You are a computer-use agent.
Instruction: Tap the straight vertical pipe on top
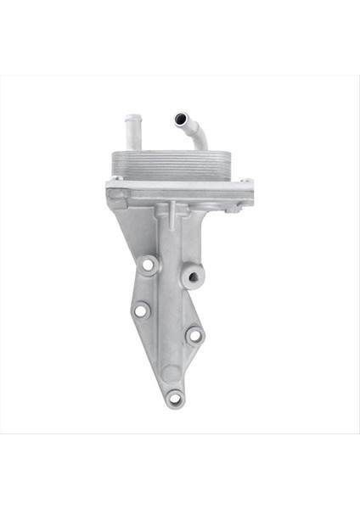[x=132, y=131]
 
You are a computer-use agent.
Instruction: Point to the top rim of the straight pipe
[x=132, y=118]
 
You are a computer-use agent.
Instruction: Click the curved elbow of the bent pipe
[x=195, y=136]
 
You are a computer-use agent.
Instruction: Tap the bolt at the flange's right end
[x=245, y=181]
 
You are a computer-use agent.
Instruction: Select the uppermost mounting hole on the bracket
[x=149, y=266]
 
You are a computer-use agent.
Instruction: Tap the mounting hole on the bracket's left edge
[x=140, y=312]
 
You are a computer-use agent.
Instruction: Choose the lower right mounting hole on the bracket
[x=194, y=335]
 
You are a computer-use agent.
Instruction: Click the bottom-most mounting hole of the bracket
[x=175, y=396]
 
